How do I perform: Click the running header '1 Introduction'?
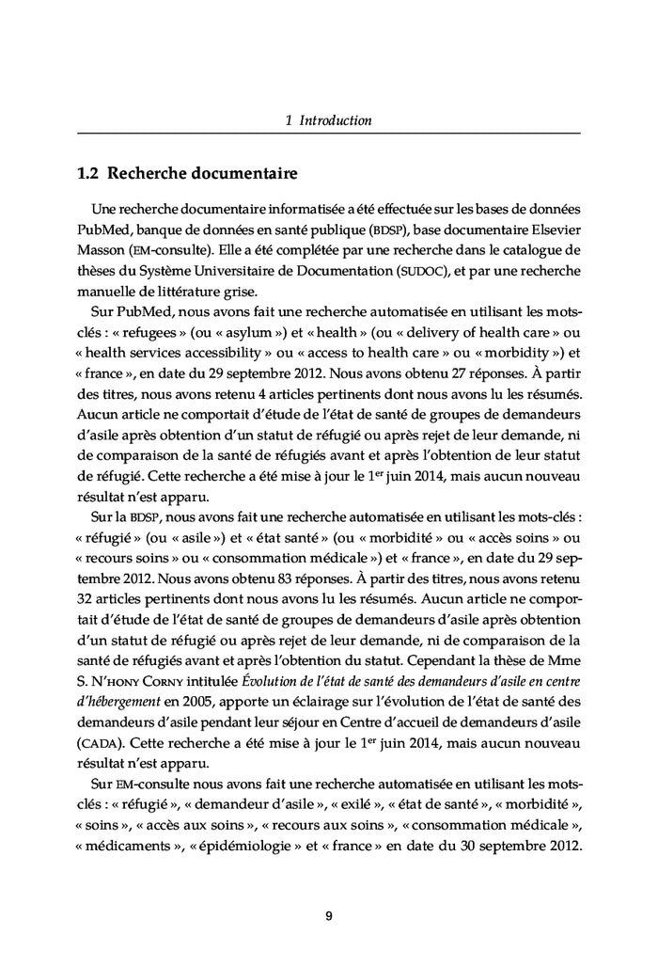(x=328, y=120)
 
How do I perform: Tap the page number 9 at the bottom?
(x=328, y=916)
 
